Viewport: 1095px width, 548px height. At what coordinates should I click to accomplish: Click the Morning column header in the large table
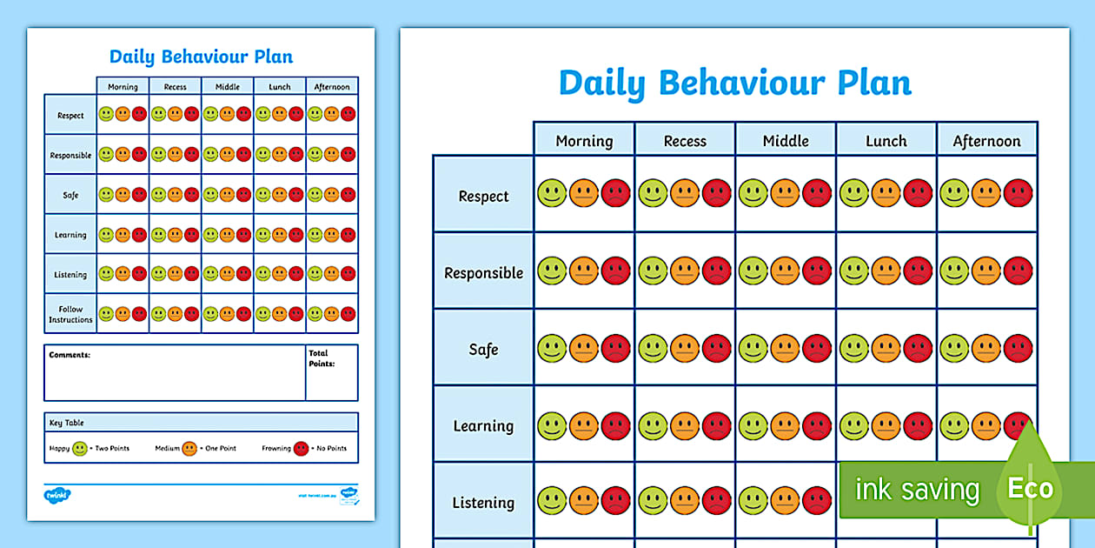(584, 141)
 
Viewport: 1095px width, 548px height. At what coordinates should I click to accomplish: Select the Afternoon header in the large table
(986, 141)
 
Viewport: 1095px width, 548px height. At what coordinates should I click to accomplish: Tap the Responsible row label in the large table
(483, 273)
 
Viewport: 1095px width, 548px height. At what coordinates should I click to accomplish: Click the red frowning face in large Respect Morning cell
(615, 193)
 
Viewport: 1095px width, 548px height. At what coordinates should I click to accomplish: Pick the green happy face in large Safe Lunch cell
(853, 349)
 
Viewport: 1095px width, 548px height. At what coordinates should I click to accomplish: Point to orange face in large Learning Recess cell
(685, 425)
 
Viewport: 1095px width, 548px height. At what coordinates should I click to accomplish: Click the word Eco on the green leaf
(1031, 489)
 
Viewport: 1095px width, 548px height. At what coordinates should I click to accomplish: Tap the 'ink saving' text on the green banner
(917, 490)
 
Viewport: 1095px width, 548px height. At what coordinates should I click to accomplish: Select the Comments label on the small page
(70, 355)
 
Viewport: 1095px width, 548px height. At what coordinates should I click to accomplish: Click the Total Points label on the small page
(319, 358)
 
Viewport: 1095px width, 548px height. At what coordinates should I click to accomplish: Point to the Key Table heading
(67, 423)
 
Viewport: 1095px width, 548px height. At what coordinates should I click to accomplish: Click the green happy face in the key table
(80, 449)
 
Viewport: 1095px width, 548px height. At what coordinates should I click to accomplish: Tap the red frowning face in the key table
(301, 449)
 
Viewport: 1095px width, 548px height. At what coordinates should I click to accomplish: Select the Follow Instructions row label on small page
(70, 314)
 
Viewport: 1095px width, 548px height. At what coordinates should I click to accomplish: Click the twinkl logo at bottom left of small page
(56, 496)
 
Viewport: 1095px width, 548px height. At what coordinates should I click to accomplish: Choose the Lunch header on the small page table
(279, 87)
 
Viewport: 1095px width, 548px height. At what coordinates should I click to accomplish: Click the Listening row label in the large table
(483, 503)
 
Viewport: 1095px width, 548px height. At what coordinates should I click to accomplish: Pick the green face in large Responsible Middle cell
(753, 271)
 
